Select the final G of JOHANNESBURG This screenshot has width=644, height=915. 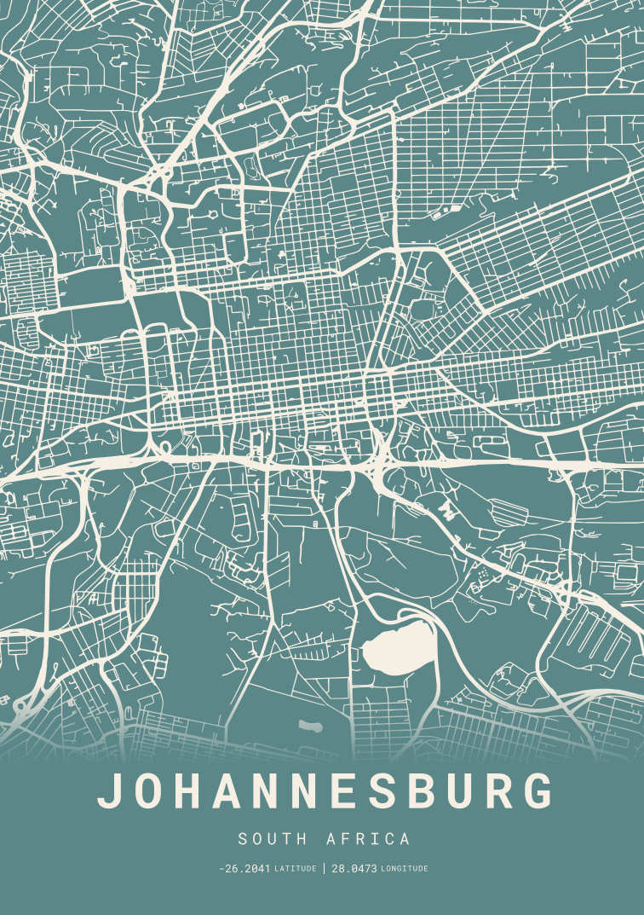[x=538, y=791]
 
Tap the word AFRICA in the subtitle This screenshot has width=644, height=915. [x=368, y=839]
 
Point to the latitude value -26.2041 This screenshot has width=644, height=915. [x=244, y=869]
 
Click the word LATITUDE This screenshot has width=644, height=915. [x=296, y=869]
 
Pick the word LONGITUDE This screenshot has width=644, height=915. [x=405, y=869]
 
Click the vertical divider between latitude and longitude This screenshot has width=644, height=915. [x=324, y=869]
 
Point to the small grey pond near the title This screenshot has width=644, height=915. [x=310, y=727]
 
